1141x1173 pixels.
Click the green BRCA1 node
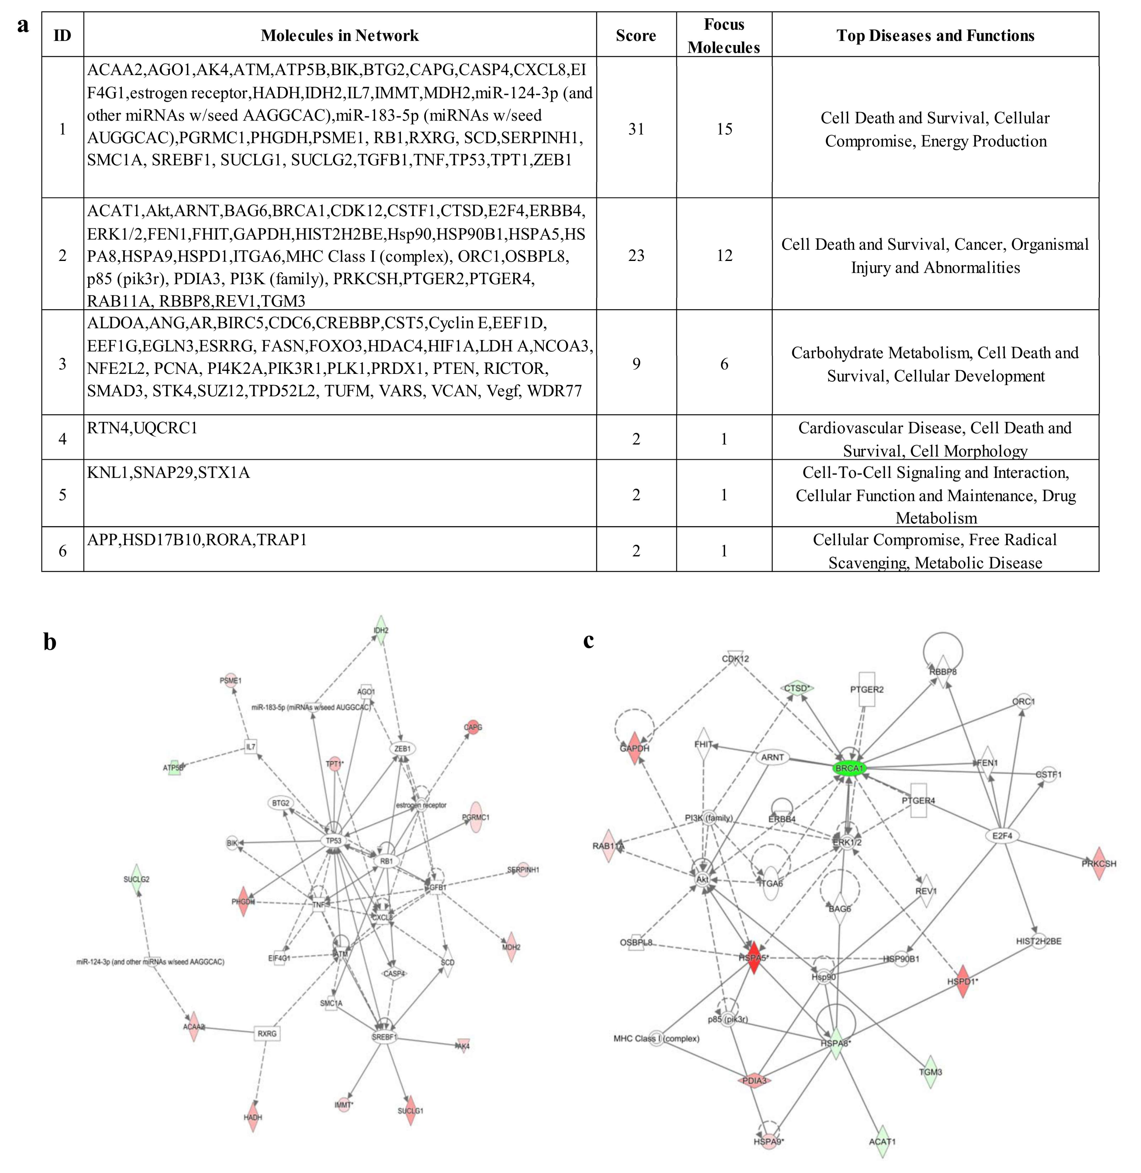click(849, 769)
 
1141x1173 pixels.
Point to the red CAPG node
click(473, 727)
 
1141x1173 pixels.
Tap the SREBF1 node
click(384, 1037)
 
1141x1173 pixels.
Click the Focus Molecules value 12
click(724, 255)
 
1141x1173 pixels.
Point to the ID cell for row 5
click(62, 494)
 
